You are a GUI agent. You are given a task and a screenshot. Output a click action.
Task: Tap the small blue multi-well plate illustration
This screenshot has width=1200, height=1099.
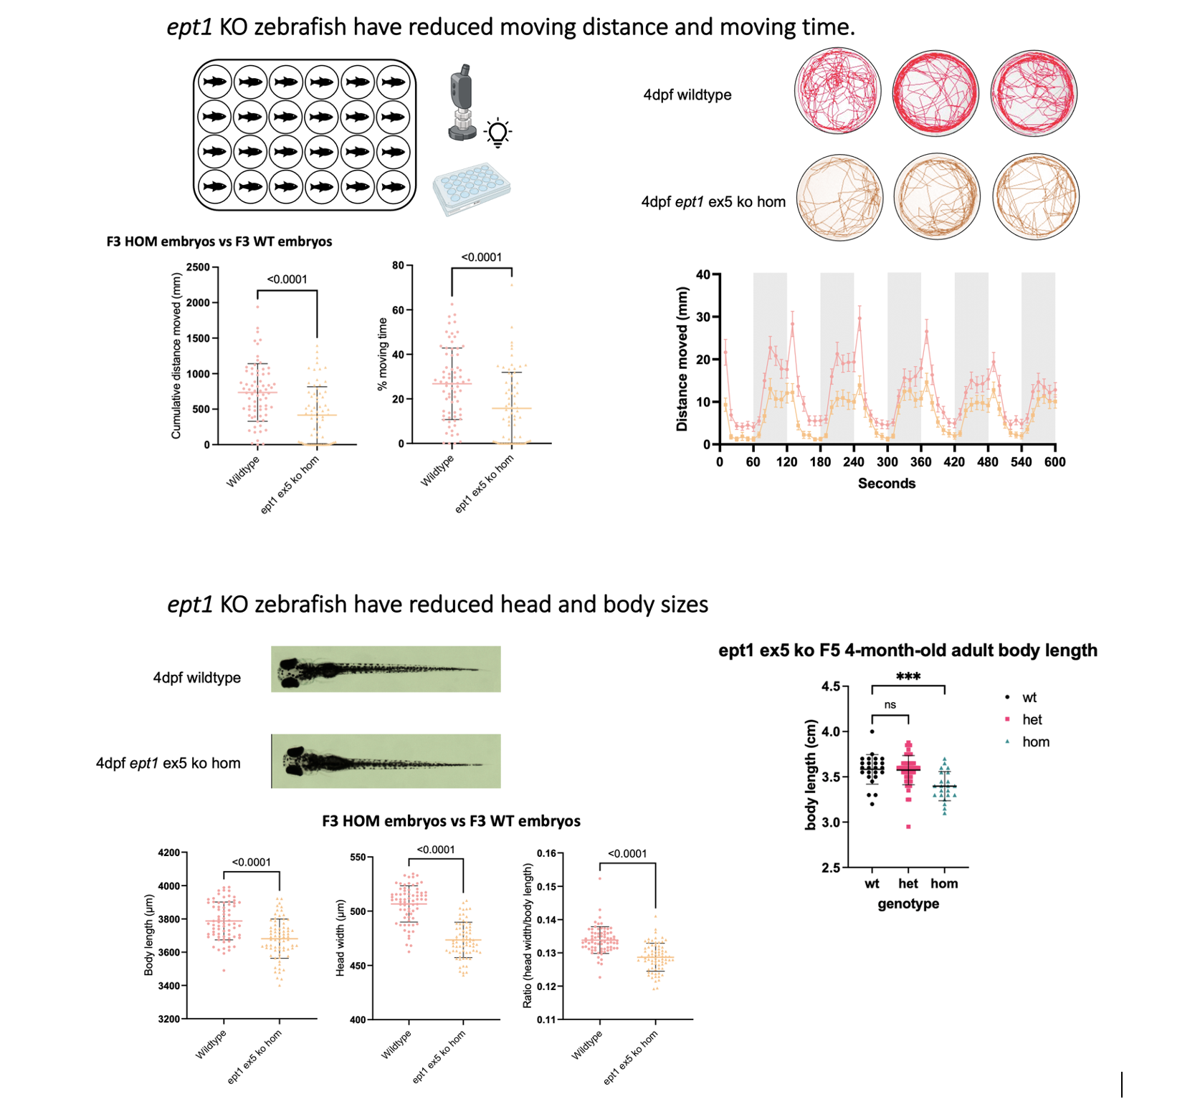tap(471, 188)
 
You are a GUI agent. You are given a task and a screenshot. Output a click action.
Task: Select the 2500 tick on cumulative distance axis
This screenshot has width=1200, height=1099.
tap(198, 267)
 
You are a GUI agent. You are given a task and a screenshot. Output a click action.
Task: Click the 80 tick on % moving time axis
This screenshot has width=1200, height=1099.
tap(398, 265)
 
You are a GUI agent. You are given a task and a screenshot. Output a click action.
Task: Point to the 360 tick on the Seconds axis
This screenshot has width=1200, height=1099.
tap(920, 462)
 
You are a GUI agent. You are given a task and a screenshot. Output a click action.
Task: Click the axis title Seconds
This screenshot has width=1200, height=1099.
tap(886, 484)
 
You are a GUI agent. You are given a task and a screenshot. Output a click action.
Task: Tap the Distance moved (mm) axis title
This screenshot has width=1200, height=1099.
tap(682, 359)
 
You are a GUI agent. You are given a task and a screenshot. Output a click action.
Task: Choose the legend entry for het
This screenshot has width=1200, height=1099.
tap(1032, 720)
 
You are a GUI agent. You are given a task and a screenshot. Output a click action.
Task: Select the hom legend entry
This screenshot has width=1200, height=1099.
tap(1035, 742)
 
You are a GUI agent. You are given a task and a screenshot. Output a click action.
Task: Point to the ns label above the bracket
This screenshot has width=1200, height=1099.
tap(890, 705)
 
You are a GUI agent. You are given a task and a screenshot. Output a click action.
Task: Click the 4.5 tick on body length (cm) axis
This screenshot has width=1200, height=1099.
tap(830, 686)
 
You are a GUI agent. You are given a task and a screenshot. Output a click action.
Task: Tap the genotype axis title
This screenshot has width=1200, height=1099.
tap(908, 904)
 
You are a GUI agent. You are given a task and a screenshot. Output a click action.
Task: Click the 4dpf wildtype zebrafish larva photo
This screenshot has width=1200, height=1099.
tap(386, 669)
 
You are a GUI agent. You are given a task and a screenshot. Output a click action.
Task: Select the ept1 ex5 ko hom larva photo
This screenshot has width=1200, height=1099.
tap(386, 761)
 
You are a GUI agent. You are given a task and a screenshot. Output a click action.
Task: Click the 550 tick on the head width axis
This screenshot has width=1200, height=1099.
tap(357, 857)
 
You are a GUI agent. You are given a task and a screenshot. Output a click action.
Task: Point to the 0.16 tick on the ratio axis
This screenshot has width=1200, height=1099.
tap(546, 853)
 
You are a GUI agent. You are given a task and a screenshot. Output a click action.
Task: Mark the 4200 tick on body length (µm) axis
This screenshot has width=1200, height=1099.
tap(169, 853)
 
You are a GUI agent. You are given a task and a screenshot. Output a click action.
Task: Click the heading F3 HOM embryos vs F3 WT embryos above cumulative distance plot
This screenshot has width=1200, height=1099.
tap(219, 241)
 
